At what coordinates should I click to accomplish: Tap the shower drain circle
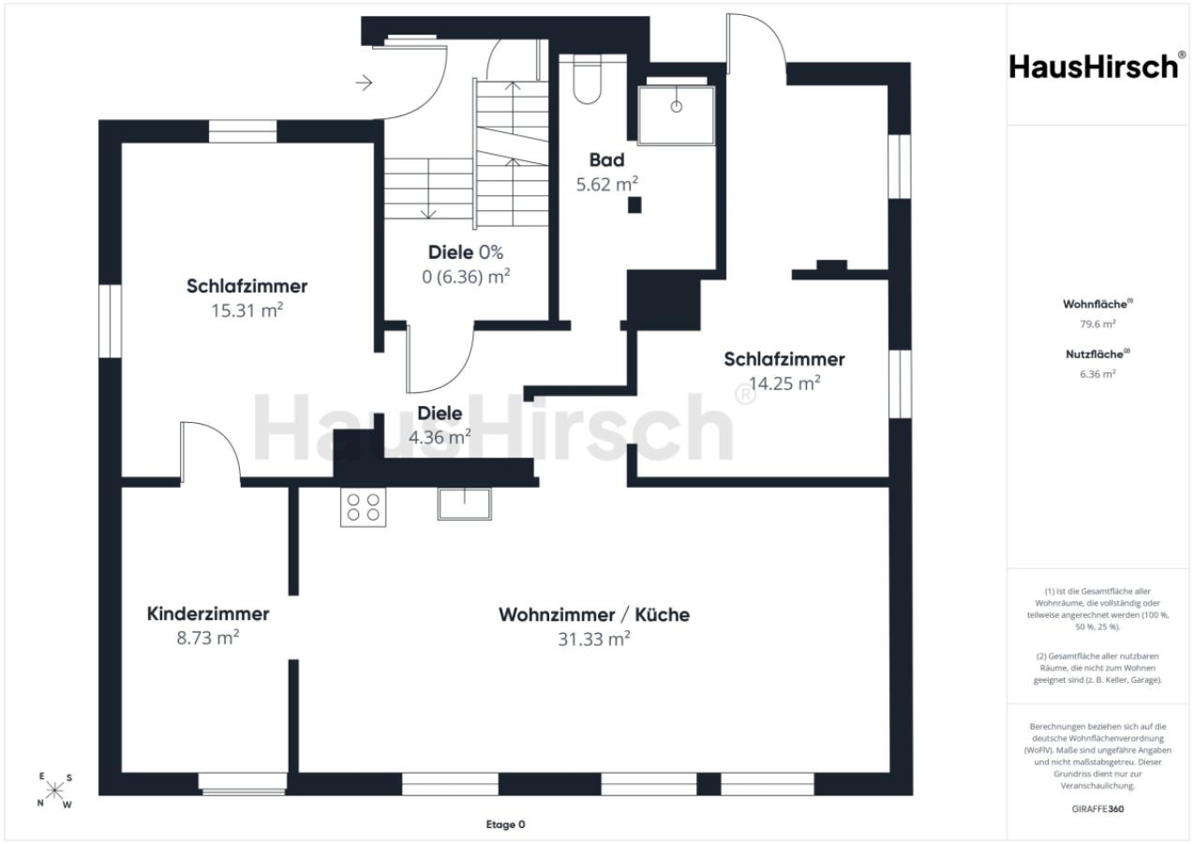click(x=677, y=107)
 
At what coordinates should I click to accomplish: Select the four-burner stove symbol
click(x=363, y=507)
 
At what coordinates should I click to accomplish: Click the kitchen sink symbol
click(x=464, y=504)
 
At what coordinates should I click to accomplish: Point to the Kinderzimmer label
click(x=208, y=614)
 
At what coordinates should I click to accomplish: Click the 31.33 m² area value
click(x=594, y=640)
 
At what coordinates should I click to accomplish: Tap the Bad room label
click(x=606, y=160)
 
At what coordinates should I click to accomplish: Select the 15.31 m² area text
click(x=246, y=310)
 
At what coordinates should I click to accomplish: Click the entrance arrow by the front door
click(x=364, y=83)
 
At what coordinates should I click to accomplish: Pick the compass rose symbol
click(x=54, y=791)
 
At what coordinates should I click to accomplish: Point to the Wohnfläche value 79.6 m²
click(x=1098, y=324)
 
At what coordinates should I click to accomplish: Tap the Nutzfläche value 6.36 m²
click(x=1098, y=374)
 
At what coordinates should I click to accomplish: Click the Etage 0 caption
click(x=505, y=824)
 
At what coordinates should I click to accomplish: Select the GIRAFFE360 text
click(x=1097, y=808)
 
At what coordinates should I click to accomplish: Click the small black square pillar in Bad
click(x=634, y=204)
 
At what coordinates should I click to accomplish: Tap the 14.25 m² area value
click(x=784, y=384)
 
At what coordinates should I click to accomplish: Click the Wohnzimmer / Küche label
click(x=594, y=615)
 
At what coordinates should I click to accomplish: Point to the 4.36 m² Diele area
click(x=440, y=437)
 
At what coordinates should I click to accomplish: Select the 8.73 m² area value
click(x=208, y=638)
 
